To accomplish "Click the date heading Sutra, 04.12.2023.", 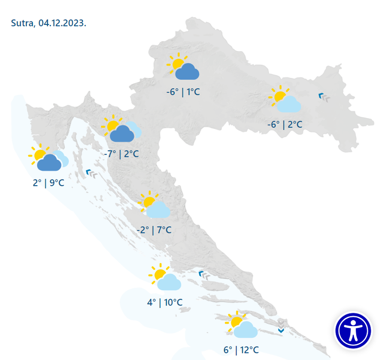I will click(49, 23).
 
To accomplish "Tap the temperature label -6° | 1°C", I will click(183, 92).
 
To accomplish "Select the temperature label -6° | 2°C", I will click(285, 125).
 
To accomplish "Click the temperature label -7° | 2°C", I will click(121, 154).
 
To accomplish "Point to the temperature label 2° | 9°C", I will click(49, 183).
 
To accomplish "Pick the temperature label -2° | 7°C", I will click(154, 230).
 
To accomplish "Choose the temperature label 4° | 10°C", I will click(165, 302).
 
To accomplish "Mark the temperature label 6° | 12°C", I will click(241, 350).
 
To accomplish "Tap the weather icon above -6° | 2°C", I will click(285, 100).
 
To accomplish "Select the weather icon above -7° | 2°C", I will click(121, 129).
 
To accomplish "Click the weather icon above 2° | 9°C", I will click(49, 158).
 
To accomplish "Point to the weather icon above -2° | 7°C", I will click(154, 206).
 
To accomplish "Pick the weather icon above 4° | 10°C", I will click(165, 278).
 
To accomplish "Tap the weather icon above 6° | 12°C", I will click(242, 325).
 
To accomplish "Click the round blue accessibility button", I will click(353, 330).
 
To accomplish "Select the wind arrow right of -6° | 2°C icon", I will click(324, 97).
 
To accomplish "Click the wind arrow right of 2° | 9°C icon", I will click(92, 173).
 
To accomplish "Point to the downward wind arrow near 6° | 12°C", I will click(281, 330).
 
